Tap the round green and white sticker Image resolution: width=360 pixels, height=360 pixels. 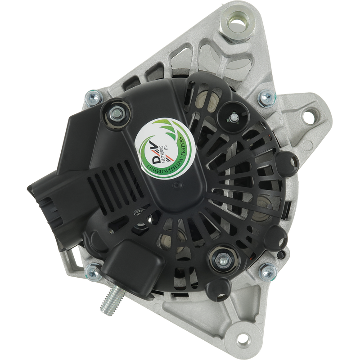(165, 148)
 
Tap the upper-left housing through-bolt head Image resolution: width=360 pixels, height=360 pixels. (94, 98)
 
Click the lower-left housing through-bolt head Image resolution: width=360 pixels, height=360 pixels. (94, 272)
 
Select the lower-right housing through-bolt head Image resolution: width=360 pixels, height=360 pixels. (268, 272)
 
